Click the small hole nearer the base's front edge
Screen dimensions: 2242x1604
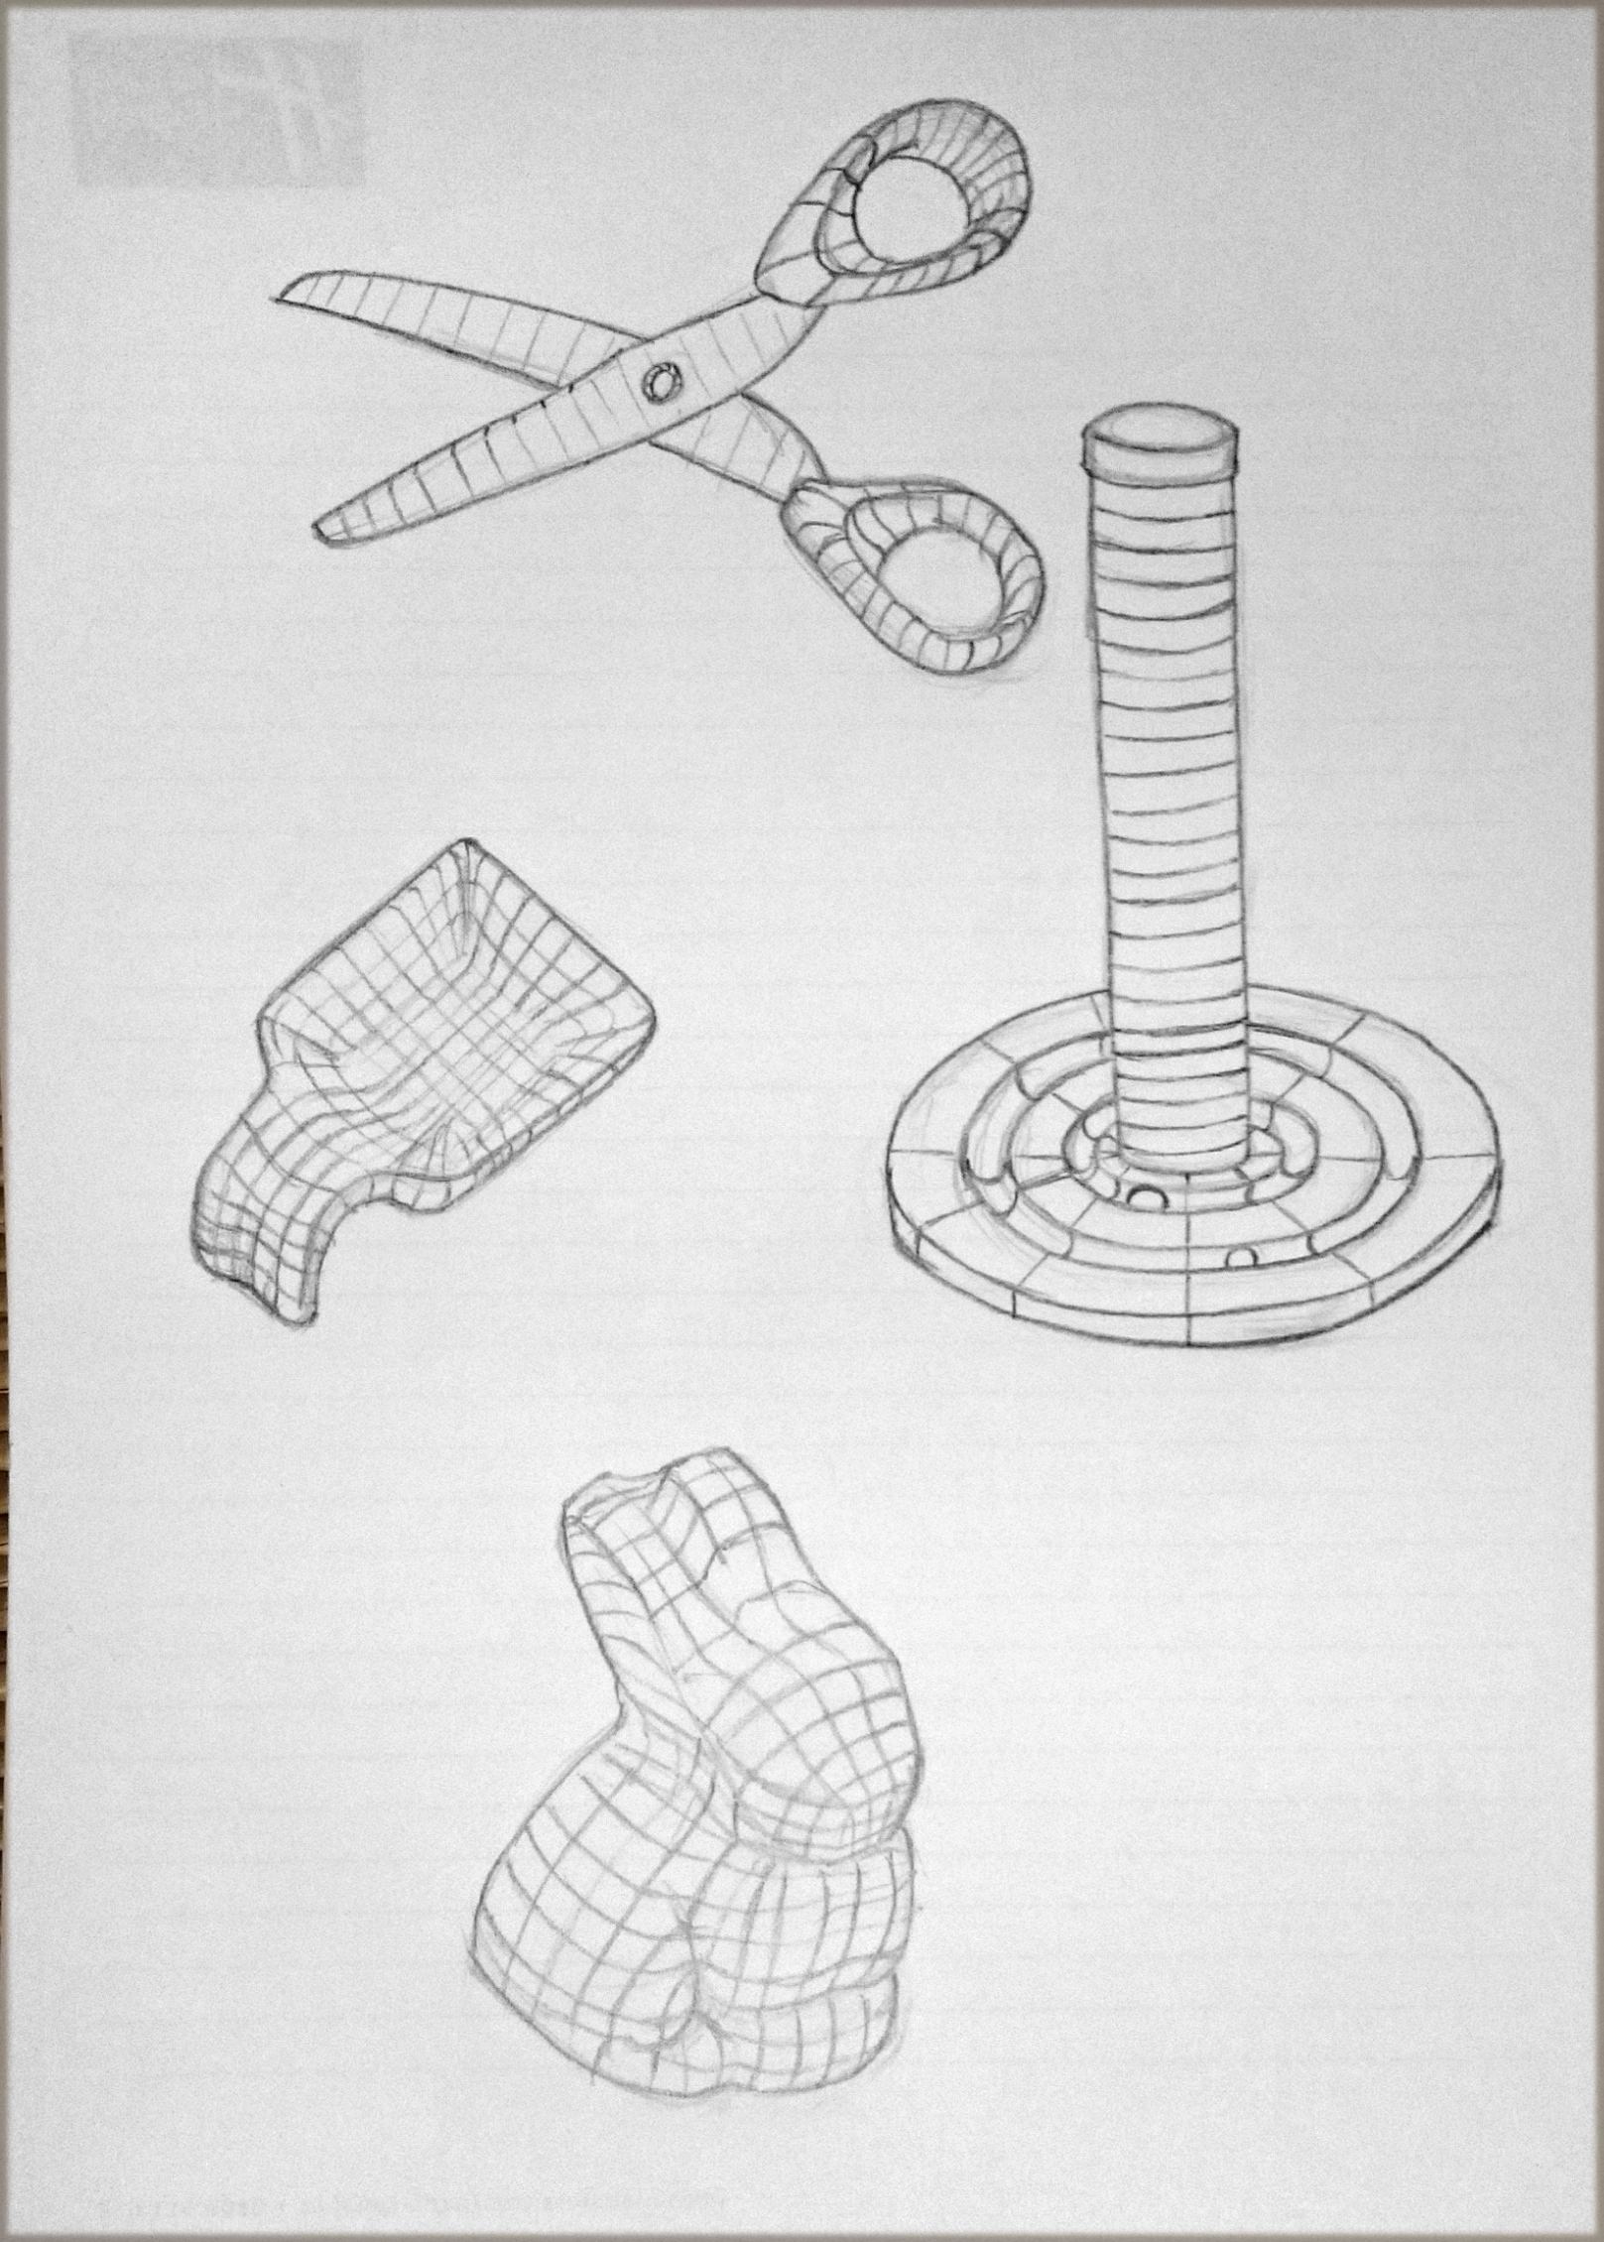tap(1241, 1258)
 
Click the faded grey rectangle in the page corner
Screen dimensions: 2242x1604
tap(217, 111)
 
